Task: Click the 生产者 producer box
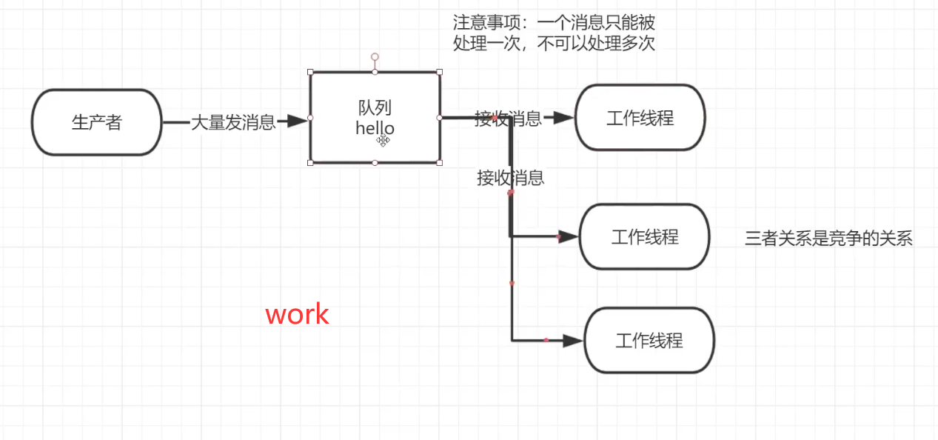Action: [x=96, y=122]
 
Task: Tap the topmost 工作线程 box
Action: [x=640, y=118]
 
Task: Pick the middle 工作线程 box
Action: [x=644, y=237]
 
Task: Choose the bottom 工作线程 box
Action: [x=649, y=341]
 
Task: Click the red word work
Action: [x=297, y=314]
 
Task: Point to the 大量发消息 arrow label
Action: [x=233, y=122]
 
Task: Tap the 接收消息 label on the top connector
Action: [x=508, y=119]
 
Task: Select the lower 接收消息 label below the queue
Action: [x=511, y=178]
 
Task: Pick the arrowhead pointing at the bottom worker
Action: [x=573, y=341]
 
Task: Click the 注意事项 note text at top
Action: [x=554, y=33]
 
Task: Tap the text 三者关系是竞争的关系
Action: [x=828, y=239]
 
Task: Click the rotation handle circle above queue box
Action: [x=375, y=57]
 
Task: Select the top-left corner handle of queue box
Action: [x=310, y=72]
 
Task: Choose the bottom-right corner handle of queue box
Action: [x=440, y=162]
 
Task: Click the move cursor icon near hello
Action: [x=383, y=140]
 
